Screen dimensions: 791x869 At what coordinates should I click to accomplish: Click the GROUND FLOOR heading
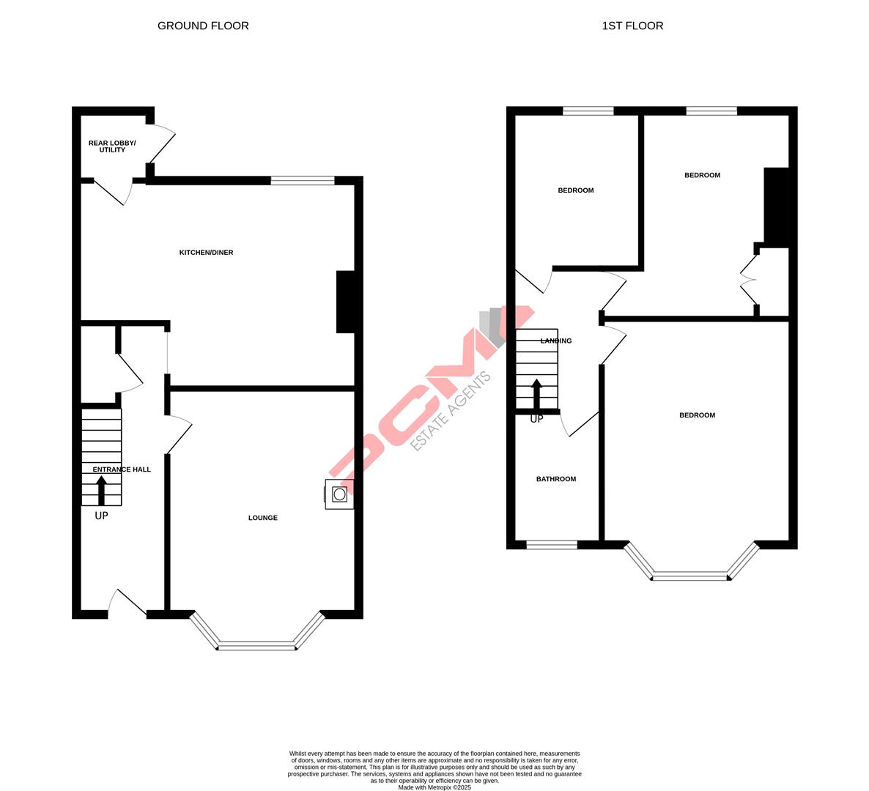[203, 26]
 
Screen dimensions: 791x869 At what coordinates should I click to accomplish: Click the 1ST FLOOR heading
[632, 26]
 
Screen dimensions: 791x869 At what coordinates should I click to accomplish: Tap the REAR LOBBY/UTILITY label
[112, 146]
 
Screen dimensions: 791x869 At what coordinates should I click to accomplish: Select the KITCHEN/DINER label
[206, 253]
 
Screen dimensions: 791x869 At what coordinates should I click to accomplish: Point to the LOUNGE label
[262, 518]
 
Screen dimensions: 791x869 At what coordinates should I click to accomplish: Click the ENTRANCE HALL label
[122, 469]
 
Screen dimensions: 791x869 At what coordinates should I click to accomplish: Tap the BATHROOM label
[556, 479]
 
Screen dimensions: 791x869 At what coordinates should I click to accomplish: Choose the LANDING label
[556, 341]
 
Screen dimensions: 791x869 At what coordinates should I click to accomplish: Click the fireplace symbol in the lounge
[339, 494]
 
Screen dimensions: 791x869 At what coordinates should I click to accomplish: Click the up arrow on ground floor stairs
[101, 490]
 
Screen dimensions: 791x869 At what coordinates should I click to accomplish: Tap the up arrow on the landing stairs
[536, 393]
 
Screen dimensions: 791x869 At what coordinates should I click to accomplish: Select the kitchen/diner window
[303, 180]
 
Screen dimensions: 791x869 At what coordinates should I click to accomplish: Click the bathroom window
[552, 544]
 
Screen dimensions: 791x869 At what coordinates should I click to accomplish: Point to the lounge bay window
[256, 645]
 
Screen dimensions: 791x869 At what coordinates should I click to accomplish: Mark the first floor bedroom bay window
[690, 576]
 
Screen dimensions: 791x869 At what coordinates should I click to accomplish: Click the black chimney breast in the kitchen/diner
[345, 302]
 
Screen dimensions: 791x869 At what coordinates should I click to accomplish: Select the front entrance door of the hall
[127, 602]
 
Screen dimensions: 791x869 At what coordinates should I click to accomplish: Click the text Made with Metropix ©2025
[434, 787]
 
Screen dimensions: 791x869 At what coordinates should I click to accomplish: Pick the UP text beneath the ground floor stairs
[101, 516]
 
